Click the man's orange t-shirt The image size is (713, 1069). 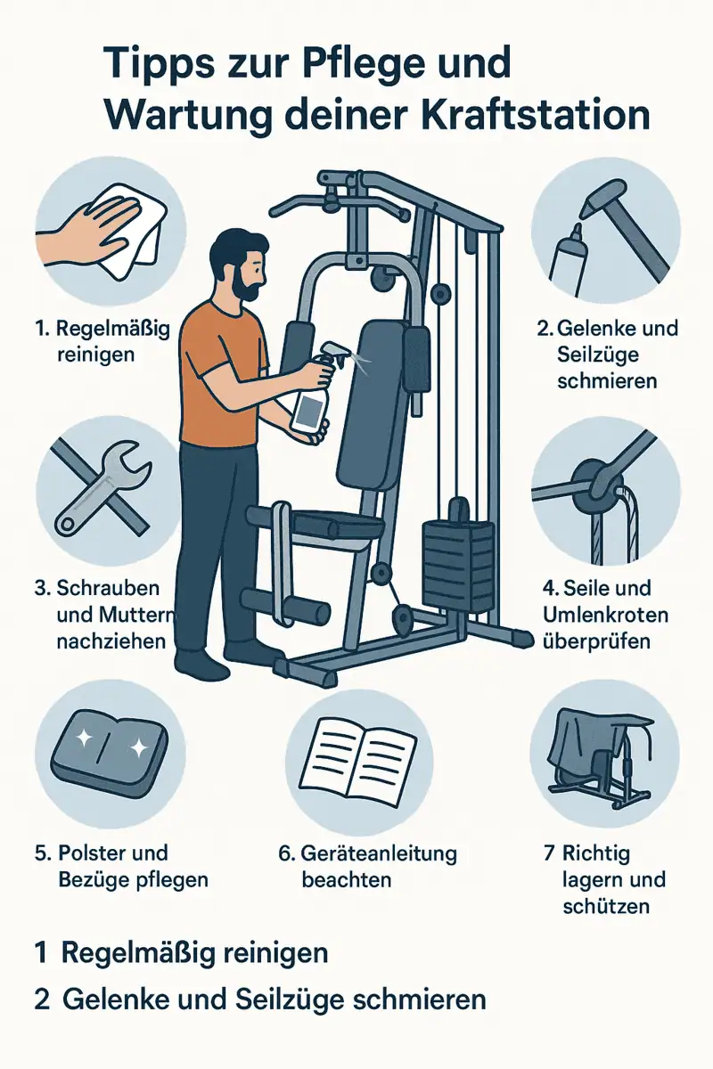(224, 373)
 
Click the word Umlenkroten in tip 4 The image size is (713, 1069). (605, 616)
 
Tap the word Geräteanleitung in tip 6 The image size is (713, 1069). (379, 854)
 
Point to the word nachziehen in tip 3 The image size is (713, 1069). (111, 641)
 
